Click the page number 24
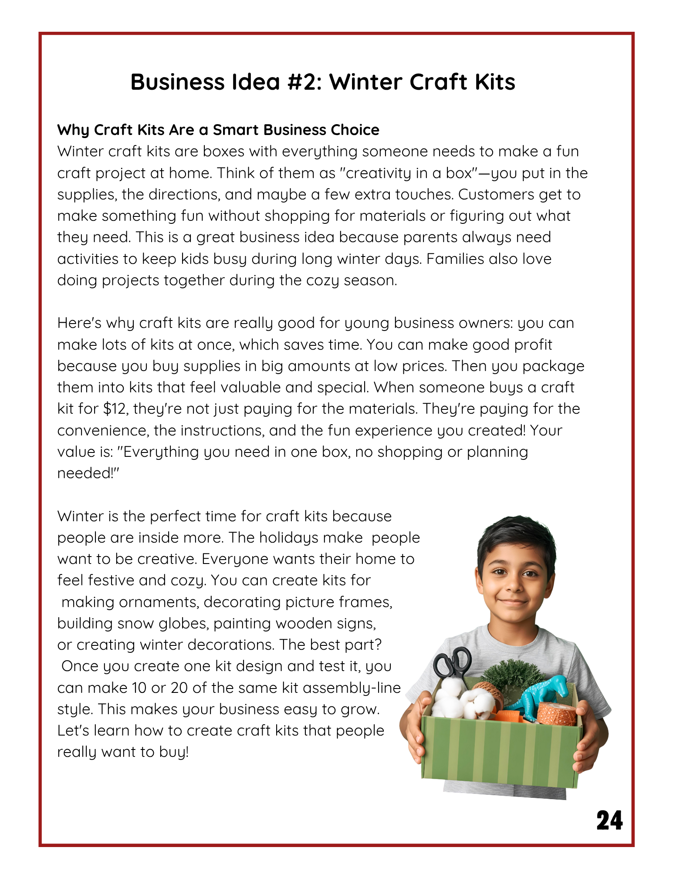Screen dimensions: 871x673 tap(609, 820)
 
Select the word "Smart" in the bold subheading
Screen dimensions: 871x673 tap(236, 130)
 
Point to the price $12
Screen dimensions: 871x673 tap(115, 408)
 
